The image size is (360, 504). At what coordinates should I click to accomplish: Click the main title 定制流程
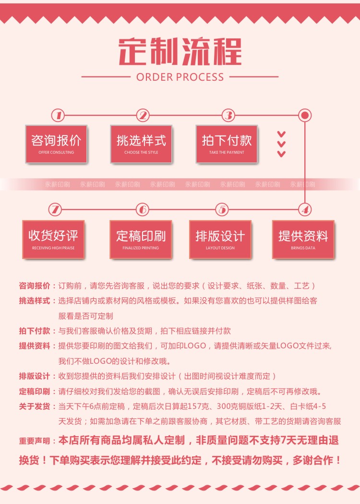click(180, 51)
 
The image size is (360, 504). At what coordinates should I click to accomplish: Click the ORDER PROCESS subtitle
click(180, 77)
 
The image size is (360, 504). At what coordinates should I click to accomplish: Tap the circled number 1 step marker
click(58, 115)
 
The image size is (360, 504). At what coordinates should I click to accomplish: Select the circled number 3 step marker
click(228, 115)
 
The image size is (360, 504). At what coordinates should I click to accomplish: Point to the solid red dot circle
click(304, 115)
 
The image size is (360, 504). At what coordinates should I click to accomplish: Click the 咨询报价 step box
click(56, 144)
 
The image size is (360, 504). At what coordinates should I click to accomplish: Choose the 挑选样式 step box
click(141, 144)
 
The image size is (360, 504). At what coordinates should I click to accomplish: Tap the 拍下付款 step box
click(227, 144)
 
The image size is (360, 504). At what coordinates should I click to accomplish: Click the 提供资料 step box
click(303, 239)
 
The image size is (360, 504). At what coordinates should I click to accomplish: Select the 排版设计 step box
click(220, 239)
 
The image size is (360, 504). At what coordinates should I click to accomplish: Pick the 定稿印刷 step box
click(141, 239)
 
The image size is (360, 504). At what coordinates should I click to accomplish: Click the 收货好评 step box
click(53, 239)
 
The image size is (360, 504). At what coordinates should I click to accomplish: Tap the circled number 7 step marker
click(56, 209)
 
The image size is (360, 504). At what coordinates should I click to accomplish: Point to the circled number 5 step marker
click(222, 209)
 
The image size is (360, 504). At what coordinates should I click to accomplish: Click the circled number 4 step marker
click(304, 209)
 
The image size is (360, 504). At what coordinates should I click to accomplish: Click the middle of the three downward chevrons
click(282, 144)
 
